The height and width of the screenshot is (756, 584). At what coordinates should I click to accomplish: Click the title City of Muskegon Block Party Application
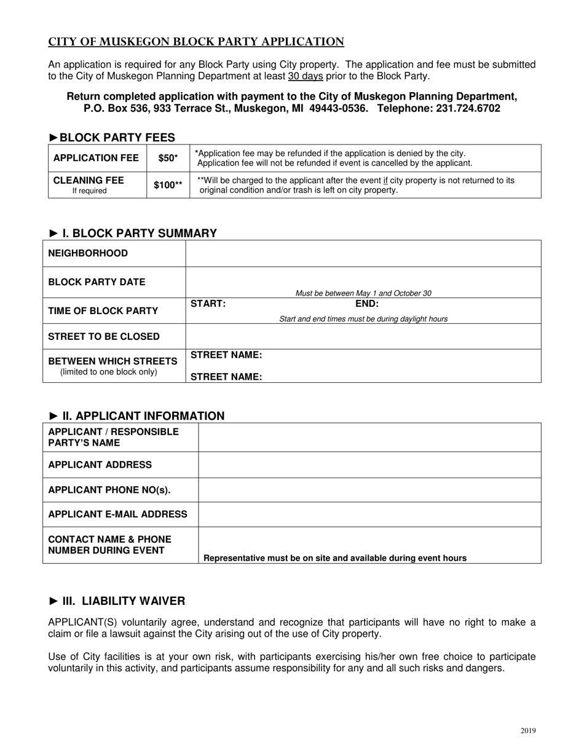pos(196,42)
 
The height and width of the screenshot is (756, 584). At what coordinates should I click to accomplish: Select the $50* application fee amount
pos(168,158)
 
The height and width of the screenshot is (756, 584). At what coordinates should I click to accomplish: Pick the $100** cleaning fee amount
pos(168,185)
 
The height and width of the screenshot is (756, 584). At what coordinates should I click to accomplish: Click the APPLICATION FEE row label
pos(96,158)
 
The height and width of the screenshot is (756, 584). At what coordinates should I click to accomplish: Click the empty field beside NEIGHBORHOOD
pos(363,253)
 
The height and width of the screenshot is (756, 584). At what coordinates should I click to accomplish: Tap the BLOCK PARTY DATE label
pos(97,282)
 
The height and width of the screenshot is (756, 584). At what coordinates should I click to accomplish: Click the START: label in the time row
pos(208,304)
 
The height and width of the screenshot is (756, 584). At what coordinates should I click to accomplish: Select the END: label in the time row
pos(367,304)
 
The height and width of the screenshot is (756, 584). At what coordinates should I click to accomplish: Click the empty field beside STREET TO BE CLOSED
pos(363,336)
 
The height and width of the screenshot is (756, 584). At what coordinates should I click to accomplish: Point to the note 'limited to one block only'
pos(108,372)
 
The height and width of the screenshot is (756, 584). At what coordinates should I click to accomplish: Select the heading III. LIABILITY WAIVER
pos(116,600)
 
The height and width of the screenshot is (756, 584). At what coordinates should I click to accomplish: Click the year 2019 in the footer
pos(527,731)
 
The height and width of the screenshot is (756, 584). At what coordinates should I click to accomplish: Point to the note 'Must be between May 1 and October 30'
pos(363,293)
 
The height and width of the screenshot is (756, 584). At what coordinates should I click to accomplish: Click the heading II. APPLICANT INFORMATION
pos(136,416)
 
